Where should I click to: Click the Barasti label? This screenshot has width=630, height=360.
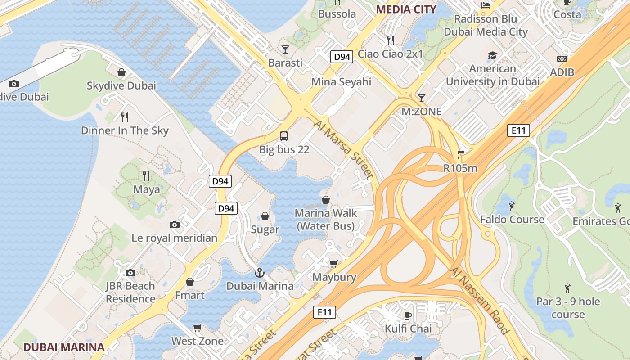285,63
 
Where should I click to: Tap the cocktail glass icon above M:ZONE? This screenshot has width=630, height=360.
421,98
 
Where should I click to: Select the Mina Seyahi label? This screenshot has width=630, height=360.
342,82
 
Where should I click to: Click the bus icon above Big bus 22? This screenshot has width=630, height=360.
284,136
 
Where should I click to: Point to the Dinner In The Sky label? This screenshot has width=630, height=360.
125,131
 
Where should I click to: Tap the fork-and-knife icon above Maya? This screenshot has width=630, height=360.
146,175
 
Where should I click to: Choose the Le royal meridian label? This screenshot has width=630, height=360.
174,238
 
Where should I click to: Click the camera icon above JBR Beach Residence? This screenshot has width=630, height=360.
130,273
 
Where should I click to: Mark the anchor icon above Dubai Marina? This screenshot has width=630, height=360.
260,272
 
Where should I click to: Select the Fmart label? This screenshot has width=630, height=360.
190,295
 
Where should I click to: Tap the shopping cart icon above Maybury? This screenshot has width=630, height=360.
333,264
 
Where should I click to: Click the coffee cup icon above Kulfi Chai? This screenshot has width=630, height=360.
408,315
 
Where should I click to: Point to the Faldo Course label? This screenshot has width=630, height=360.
512,220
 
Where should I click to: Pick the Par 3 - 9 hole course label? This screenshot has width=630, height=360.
568,308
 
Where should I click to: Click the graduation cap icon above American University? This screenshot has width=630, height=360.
492,56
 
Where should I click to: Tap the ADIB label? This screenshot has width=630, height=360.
562,72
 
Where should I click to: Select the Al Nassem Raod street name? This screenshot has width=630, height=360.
479,301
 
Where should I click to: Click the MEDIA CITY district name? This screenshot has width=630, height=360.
406,9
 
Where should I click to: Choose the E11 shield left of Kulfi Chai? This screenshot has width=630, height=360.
324,312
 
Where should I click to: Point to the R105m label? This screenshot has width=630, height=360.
460,169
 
